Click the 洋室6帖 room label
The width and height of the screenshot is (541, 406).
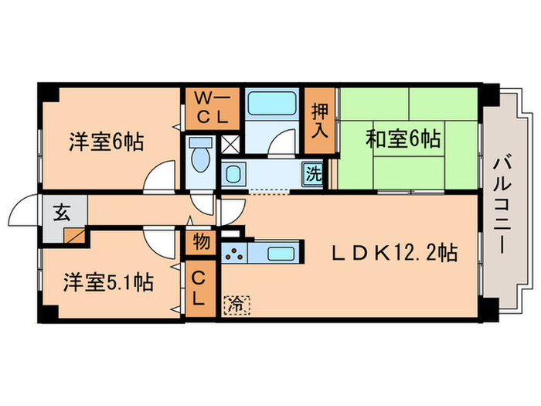(107, 142)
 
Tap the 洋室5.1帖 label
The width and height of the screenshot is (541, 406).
(108, 282)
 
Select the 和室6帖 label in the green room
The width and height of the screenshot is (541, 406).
(403, 138)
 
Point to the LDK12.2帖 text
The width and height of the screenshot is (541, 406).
(395, 253)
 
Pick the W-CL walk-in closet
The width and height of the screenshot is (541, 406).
(213, 109)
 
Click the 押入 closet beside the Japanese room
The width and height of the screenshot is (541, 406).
(319, 121)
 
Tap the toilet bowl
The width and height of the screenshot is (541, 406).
(201, 155)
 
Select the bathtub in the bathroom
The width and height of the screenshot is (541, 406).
(272, 103)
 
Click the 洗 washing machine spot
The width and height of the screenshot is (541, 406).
(313, 174)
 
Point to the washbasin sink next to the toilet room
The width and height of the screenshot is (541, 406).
(233, 174)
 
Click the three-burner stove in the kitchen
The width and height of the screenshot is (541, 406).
(234, 254)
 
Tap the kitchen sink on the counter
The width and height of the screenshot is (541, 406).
(281, 254)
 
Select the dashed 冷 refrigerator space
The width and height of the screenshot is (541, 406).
(236, 305)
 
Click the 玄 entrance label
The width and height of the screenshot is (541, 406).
(62, 212)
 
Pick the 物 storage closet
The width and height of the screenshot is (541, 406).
(201, 242)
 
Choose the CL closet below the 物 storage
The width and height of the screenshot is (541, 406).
(201, 288)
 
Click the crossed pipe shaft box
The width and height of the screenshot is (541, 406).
(230, 145)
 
